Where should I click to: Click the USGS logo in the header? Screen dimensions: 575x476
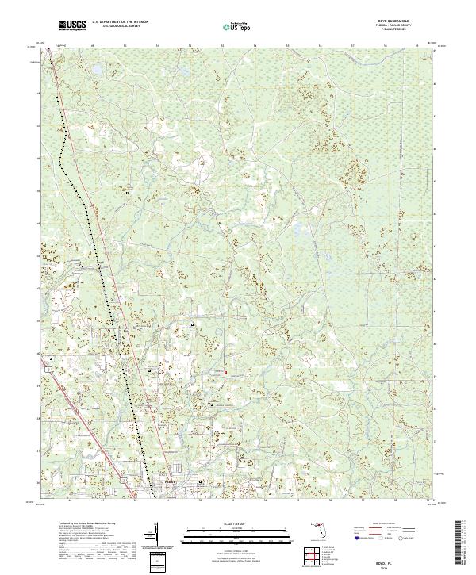click(72, 25)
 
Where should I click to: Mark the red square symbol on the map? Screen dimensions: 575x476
click(225, 372)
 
